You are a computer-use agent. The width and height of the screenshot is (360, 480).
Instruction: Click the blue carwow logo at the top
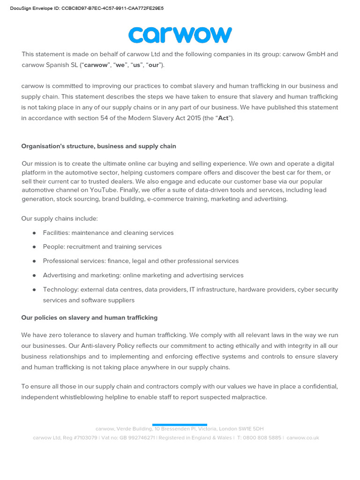(x=180, y=35)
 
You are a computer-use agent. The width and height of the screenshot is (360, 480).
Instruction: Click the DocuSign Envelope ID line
(x=87, y=8)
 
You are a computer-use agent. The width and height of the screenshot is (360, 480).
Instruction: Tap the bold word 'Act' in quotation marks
(x=223, y=118)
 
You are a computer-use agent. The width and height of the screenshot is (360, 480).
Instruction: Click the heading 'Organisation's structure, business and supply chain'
(x=98, y=146)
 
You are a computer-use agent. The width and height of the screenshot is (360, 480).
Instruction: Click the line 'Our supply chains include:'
(x=60, y=218)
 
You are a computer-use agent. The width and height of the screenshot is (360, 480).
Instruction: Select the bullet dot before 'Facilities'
(x=34, y=233)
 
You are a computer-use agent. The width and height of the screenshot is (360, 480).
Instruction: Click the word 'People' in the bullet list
(x=53, y=247)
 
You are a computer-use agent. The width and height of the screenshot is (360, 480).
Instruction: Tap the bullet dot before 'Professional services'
(x=34, y=261)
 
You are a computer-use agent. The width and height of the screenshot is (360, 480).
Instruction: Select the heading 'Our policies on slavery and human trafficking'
(x=89, y=317)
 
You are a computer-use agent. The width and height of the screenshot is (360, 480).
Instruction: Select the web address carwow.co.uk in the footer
(x=302, y=437)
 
